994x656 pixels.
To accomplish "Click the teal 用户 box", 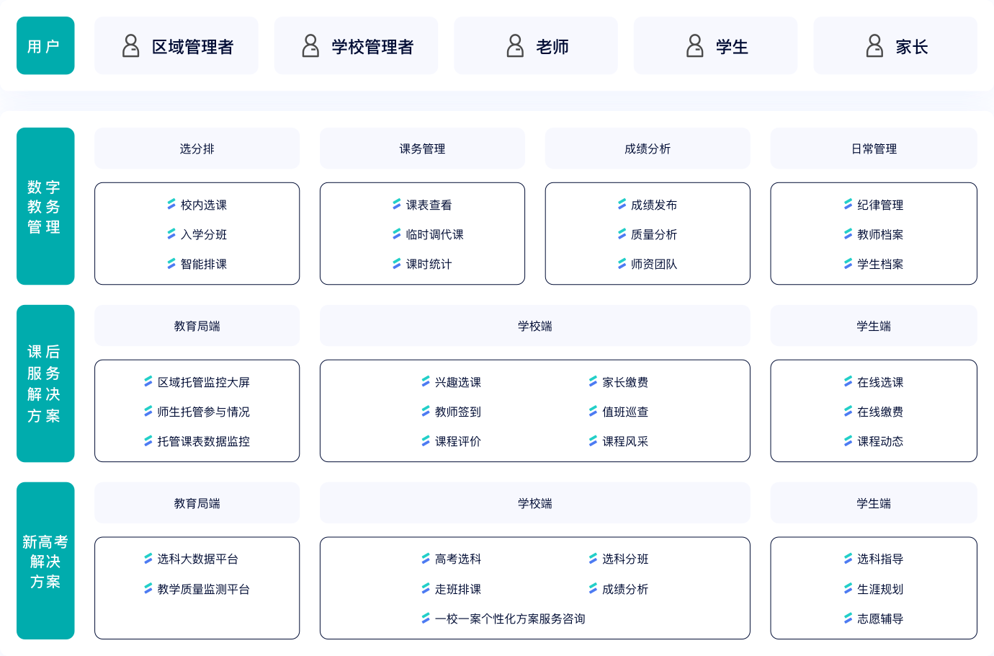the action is click(x=45, y=45).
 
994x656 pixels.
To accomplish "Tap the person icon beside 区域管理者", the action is click(x=130, y=45).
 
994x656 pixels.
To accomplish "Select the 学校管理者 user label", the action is click(x=372, y=47).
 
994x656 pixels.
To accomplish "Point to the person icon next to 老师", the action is click(x=515, y=45).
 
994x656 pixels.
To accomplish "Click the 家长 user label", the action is click(x=911, y=47).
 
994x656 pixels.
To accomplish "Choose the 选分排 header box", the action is click(x=197, y=149).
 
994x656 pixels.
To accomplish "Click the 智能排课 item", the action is click(x=204, y=265).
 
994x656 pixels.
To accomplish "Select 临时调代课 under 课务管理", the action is click(x=434, y=234).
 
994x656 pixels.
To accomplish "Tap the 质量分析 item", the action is click(x=653, y=234).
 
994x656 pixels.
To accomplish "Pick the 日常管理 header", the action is click(x=874, y=149).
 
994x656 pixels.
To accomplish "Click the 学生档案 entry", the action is click(x=880, y=265).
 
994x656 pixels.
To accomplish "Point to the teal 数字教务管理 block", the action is click(x=45, y=206).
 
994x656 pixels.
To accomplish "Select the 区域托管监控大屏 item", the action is click(x=203, y=382).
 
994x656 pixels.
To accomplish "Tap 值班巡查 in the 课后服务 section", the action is click(x=624, y=412).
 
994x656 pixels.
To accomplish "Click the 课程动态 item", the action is click(x=880, y=441).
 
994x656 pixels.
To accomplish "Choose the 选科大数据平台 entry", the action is click(x=197, y=559).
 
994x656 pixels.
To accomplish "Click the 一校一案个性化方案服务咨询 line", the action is click(x=510, y=619).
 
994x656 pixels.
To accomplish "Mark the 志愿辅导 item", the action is click(x=880, y=619).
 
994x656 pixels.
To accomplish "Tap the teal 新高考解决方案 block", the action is click(x=45, y=561).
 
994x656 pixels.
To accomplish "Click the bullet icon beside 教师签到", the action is click(x=426, y=412).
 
